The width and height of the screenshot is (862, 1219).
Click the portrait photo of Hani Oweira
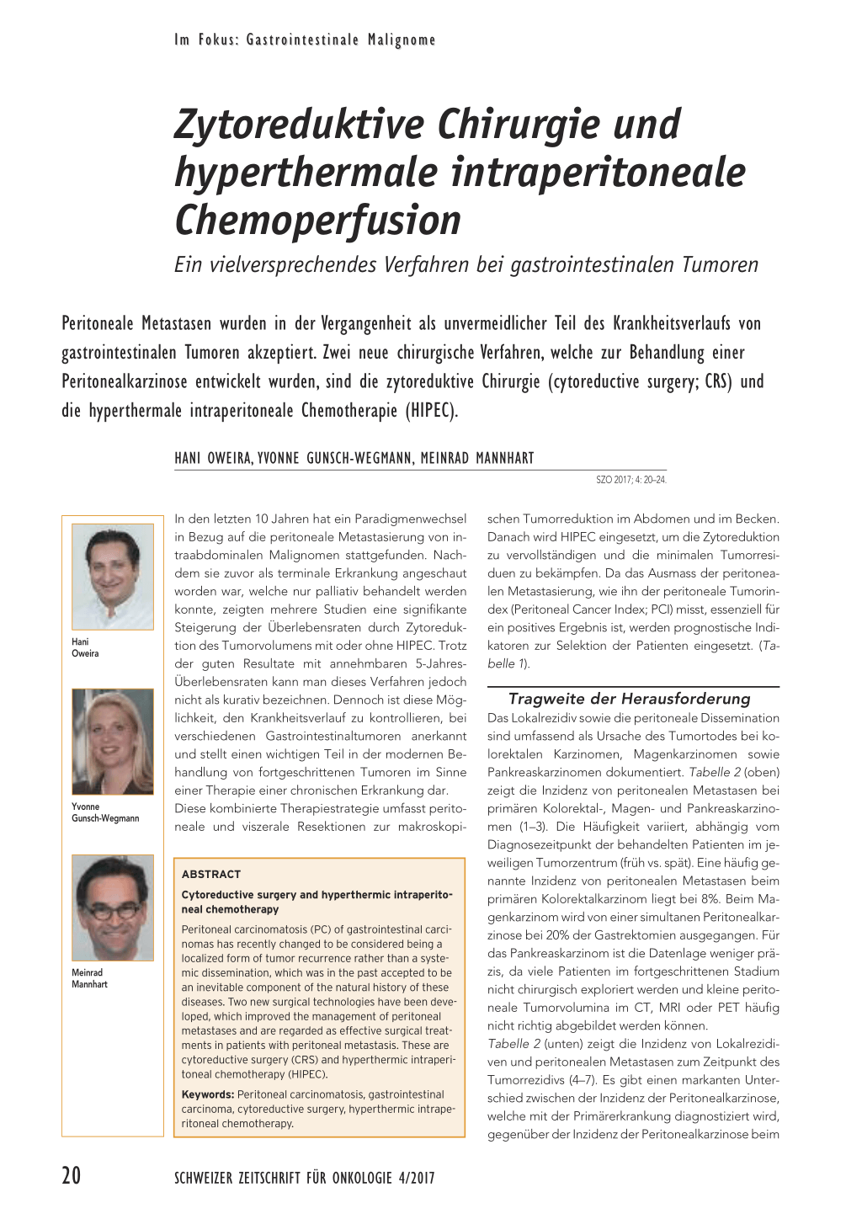click(x=113, y=577)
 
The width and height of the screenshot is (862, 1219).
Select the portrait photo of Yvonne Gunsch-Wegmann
click(x=113, y=741)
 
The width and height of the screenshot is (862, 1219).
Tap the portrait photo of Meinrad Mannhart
click(x=113, y=908)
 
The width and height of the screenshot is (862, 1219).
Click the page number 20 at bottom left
click(x=72, y=1175)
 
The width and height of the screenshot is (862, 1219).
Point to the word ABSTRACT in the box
click(x=211, y=874)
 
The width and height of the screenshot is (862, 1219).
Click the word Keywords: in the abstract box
click(x=208, y=1094)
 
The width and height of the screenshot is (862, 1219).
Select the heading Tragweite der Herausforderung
click(x=629, y=699)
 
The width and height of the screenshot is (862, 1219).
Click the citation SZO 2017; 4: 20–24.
click(x=631, y=480)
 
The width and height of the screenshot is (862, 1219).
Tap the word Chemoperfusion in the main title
click(x=317, y=220)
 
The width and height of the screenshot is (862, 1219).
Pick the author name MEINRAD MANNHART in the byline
click(x=477, y=458)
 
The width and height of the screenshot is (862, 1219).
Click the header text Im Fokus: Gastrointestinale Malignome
click(x=305, y=40)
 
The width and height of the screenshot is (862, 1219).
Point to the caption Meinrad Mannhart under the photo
click(x=89, y=978)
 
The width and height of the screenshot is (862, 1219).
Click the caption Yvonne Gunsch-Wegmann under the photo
click(x=104, y=812)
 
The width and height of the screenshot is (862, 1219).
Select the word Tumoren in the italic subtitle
click(x=720, y=265)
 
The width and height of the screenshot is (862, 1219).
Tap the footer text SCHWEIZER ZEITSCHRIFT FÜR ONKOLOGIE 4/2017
click(x=304, y=1178)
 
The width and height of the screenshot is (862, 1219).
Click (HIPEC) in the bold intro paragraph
click(x=432, y=412)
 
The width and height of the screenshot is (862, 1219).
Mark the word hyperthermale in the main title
click(x=306, y=173)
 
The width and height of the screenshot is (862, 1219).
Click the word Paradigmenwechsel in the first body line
click(x=410, y=519)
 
